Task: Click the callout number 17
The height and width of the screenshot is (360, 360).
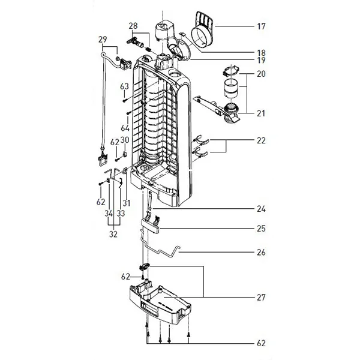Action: coord(261,26)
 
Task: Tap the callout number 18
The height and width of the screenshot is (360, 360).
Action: coord(261,52)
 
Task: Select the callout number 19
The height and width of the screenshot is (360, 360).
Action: coord(261,61)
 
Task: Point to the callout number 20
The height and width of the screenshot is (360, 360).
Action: coord(261,74)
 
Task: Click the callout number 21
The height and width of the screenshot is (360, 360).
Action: coord(261,113)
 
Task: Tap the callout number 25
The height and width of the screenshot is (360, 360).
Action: coord(261,229)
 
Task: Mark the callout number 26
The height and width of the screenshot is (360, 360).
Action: coord(261,252)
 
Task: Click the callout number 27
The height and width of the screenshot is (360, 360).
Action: coord(261,296)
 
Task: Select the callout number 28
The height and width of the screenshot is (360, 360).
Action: coord(133,25)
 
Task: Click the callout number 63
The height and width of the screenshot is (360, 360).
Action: coord(124,86)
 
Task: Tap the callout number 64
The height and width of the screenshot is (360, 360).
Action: coord(125,128)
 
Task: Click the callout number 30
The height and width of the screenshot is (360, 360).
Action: coord(125,140)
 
